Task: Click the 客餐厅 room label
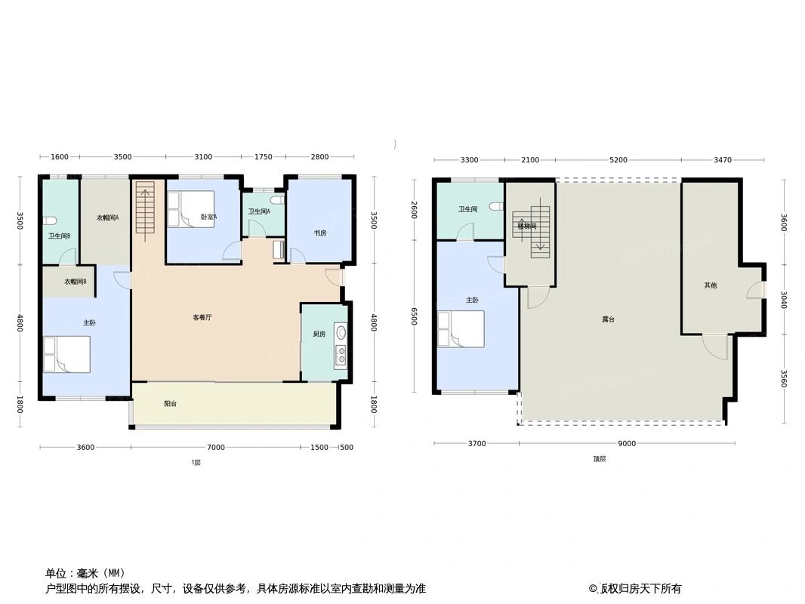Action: [202, 318]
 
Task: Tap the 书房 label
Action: [320, 233]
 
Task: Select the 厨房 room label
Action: [319, 334]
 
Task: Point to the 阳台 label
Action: [171, 404]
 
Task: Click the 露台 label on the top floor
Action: [608, 319]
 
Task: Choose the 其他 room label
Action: [711, 285]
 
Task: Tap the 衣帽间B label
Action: [76, 282]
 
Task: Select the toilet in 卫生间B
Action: [50, 220]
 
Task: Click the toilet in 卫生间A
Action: [279, 201]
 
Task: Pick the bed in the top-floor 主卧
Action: [461, 329]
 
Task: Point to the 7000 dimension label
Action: [216, 448]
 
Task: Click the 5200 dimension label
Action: [618, 160]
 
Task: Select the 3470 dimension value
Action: [722, 160]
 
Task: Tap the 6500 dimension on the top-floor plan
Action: [414, 316]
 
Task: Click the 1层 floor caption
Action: [196, 463]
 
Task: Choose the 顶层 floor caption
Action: [599, 458]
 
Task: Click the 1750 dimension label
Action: [263, 157]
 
